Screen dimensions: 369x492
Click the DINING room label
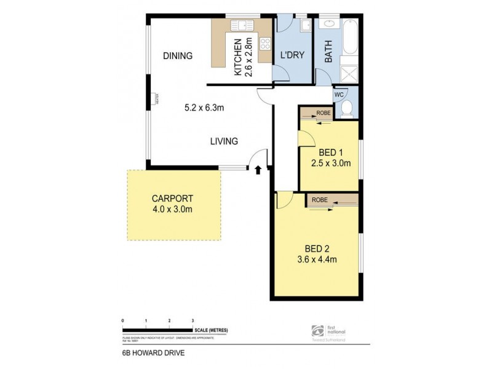[x=178, y=56]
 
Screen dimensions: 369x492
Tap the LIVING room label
[x=224, y=141]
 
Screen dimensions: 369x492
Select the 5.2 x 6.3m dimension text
[x=204, y=108]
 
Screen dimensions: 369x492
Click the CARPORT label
[x=173, y=199]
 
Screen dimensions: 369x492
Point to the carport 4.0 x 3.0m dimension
[x=173, y=210]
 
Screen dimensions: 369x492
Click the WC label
[x=339, y=95]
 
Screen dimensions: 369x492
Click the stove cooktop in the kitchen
[x=266, y=44]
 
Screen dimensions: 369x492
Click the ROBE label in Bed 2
[x=319, y=200]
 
